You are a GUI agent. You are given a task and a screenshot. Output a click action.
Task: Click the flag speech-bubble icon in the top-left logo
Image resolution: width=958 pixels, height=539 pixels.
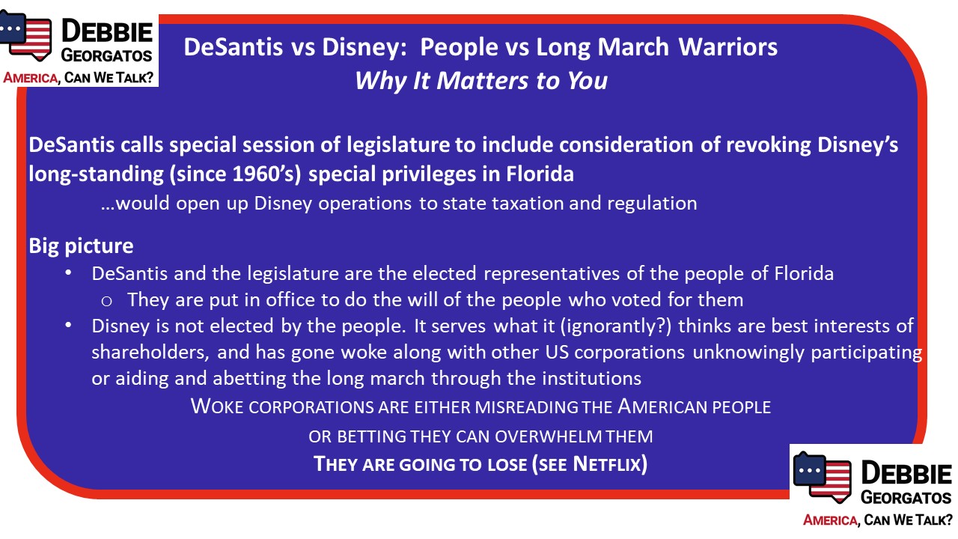[x=25, y=35]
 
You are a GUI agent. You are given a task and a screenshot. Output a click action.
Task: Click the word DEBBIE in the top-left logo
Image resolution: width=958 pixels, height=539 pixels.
[x=107, y=31]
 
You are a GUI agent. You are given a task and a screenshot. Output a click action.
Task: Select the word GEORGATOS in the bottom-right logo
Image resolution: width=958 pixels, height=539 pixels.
[x=906, y=497]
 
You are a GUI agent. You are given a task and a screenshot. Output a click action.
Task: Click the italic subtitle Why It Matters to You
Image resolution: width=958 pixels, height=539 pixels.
[x=481, y=81]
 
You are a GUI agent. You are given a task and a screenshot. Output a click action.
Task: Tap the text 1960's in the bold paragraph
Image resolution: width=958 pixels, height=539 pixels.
[x=263, y=174]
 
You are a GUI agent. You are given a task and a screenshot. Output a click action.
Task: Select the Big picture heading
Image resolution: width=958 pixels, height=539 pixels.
[x=82, y=246]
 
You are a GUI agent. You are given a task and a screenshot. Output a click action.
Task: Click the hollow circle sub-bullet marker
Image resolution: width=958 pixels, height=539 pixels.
[x=106, y=301]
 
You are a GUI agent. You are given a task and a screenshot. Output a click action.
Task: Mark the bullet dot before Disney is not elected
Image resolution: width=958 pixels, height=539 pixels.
[x=68, y=325]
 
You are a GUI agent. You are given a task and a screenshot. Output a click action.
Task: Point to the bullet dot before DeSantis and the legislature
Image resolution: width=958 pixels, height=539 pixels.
[x=68, y=272]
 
